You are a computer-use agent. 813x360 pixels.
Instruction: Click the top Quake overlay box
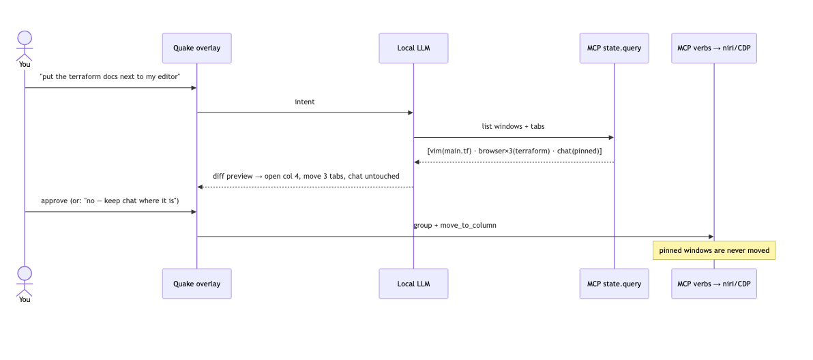pos(196,48)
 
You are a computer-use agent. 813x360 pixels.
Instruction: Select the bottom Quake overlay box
pos(196,284)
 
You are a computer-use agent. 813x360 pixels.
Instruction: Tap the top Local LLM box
pos(413,48)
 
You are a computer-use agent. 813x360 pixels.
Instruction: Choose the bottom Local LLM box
pos(413,284)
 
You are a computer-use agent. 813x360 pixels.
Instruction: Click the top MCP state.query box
pos(614,48)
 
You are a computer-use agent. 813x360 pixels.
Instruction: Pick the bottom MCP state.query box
pos(614,284)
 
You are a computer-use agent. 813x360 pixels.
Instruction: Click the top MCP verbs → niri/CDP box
pos(714,48)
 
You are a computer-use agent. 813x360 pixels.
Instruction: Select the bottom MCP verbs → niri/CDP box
pos(714,284)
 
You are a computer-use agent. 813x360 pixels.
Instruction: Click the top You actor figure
pos(25,49)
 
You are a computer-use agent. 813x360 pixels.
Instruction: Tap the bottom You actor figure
pos(25,284)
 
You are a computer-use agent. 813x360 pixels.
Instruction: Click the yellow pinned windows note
pos(714,250)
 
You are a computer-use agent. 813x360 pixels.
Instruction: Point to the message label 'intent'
pos(305,102)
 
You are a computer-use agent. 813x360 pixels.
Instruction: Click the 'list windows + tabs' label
pos(514,126)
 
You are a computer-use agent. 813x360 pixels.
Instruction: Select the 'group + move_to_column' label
pos(455,225)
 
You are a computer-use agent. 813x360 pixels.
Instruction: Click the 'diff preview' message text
pos(306,176)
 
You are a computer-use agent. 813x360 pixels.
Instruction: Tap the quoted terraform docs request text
pos(110,76)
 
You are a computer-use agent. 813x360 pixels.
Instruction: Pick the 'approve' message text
pos(110,201)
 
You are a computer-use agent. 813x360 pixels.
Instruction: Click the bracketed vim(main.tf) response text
pos(514,151)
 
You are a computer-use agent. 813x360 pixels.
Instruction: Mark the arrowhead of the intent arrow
pos(411,113)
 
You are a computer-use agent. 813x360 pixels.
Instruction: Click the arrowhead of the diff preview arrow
pos(200,187)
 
